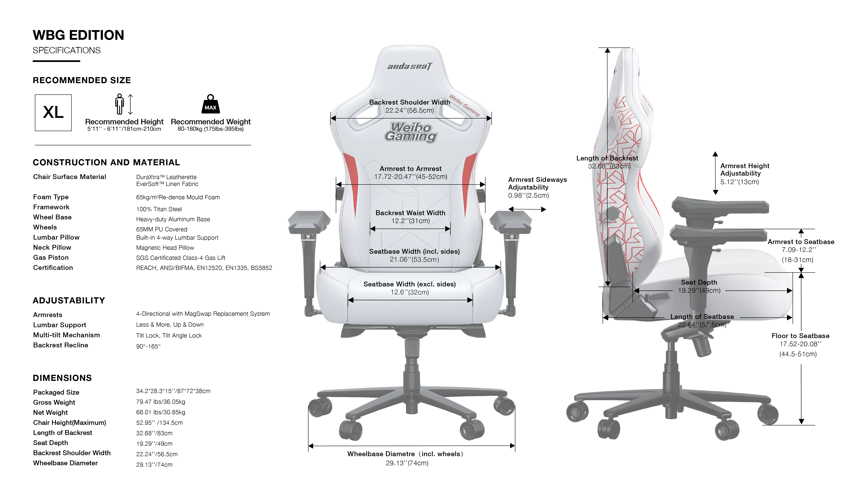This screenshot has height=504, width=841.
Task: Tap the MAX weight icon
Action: coord(211,104)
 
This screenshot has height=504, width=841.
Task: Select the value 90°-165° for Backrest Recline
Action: coord(148,346)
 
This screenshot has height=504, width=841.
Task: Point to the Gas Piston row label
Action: coord(51,257)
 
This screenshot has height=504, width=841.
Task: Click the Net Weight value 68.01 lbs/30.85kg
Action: coord(160,412)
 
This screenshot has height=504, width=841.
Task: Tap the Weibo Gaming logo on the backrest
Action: coord(411,132)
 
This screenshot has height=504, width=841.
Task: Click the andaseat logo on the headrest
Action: coord(410,66)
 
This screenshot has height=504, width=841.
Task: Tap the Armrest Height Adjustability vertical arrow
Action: coord(715,173)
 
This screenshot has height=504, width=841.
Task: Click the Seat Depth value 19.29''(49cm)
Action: coord(699,291)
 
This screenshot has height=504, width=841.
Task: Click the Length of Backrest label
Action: coord(607,158)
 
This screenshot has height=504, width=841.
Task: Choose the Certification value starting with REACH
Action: coord(204,268)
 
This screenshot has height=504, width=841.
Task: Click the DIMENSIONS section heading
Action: coord(62,378)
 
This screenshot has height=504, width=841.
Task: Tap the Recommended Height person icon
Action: coord(120,104)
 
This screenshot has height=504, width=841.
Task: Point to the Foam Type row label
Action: coord(51,197)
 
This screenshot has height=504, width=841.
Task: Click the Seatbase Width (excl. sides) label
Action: coord(409,284)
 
